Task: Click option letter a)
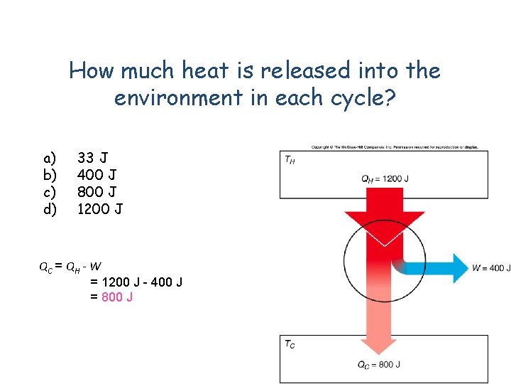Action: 50,157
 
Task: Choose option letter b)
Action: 50,174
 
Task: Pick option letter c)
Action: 50,191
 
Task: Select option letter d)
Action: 50,208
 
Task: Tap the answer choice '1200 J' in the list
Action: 100,208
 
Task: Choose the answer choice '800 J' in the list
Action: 97,191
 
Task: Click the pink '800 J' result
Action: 117,297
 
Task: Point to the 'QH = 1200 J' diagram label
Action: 385,179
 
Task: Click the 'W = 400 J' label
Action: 490,267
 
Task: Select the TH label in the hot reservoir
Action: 290,160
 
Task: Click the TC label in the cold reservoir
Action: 290,344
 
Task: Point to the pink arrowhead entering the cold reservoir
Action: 378,341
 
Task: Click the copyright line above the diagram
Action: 395,147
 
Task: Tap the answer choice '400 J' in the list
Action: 97,174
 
